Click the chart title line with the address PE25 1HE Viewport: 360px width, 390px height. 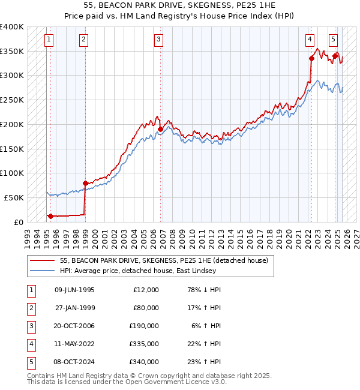tap(180, 5)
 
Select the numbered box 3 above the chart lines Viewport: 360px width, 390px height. tap(159, 40)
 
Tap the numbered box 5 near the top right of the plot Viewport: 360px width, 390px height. tap(333, 40)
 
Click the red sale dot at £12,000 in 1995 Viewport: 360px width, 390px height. tap(50, 216)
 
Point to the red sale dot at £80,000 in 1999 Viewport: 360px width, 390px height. tap(85, 183)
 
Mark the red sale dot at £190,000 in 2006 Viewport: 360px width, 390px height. tap(161, 129)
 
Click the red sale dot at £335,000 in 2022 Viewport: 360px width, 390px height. tap(311, 58)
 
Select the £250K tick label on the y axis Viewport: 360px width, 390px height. tap(12, 100)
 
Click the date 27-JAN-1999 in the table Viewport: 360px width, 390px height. tap(75, 308)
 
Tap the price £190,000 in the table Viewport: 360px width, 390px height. tap(144, 326)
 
